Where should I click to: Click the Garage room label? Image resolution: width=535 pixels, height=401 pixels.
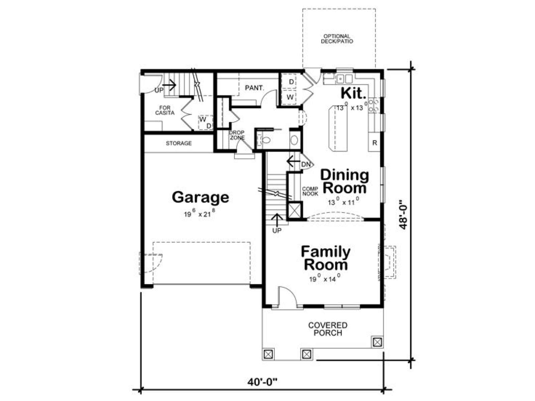point(200,198)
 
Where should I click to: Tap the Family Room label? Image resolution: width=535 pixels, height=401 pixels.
point(325,258)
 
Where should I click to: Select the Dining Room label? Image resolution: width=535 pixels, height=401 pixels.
point(344,182)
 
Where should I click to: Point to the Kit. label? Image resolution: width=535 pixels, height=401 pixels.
point(353,93)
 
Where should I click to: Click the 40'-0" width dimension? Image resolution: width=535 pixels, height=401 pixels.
point(262,382)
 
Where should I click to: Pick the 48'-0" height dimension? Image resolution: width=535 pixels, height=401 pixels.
point(403,215)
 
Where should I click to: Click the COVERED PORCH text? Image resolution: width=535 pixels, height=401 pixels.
point(328,329)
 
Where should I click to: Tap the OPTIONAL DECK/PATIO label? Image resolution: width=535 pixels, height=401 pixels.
point(337,39)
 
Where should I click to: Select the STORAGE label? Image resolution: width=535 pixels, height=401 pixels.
point(179,143)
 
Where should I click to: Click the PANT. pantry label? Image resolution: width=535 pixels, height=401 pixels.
point(254,88)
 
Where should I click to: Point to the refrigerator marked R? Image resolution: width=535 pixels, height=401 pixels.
point(374,143)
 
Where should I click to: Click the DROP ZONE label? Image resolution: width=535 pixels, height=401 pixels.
point(237,135)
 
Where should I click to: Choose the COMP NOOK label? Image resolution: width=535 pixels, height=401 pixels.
point(310,191)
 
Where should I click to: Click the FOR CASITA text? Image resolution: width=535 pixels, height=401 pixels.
point(165,110)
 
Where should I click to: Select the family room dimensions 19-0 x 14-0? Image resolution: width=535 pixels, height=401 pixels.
point(325,278)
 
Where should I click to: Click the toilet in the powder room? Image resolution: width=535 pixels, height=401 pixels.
point(265,140)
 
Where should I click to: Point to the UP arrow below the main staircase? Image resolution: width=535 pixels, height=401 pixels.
point(277,220)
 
